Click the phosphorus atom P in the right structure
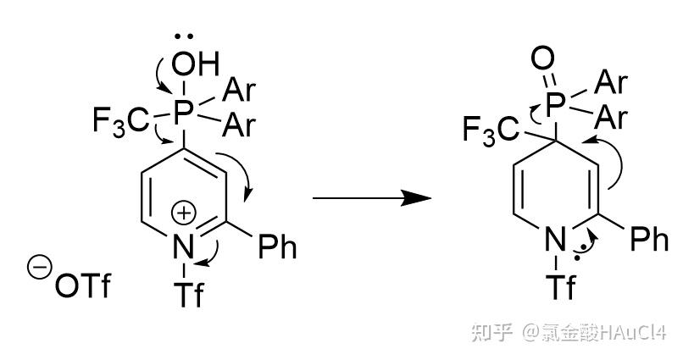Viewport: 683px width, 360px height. click(x=555, y=105)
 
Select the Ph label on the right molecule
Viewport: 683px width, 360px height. click(x=650, y=239)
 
